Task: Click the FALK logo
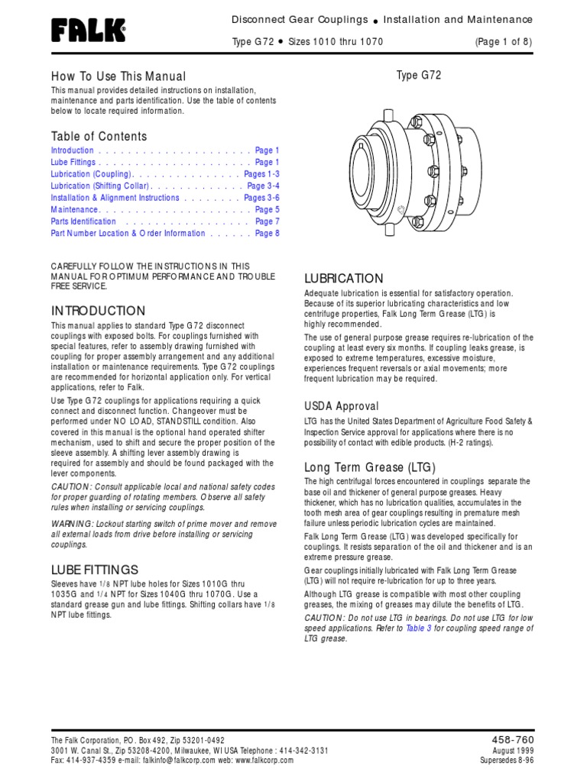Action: (x=88, y=31)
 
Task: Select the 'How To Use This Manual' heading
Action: (x=118, y=76)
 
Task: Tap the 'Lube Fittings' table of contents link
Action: (x=73, y=163)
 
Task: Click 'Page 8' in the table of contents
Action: (x=268, y=234)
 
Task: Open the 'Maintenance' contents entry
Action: (x=75, y=210)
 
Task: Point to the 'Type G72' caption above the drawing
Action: (x=418, y=75)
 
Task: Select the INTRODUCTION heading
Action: (x=98, y=311)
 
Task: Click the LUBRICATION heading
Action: (x=344, y=278)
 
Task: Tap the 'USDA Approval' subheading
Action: (x=342, y=406)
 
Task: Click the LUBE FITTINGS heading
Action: (x=95, y=570)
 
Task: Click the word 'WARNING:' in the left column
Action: (x=73, y=523)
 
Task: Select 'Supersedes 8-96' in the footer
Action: (x=507, y=761)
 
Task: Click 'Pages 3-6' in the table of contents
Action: (x=262, y=198)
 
